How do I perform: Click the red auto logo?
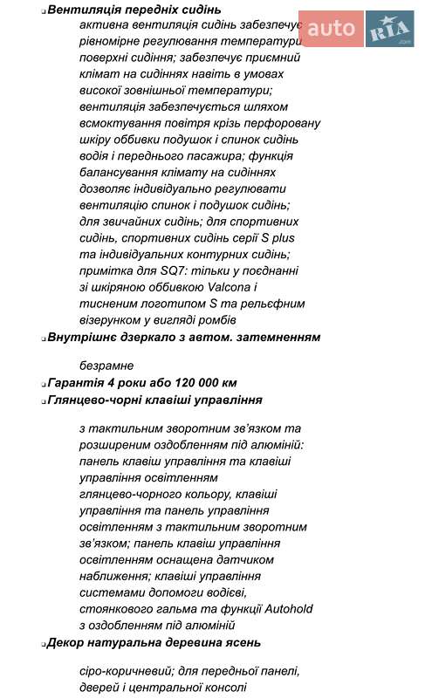click(331, 29)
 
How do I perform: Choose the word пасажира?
click(209, 156)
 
